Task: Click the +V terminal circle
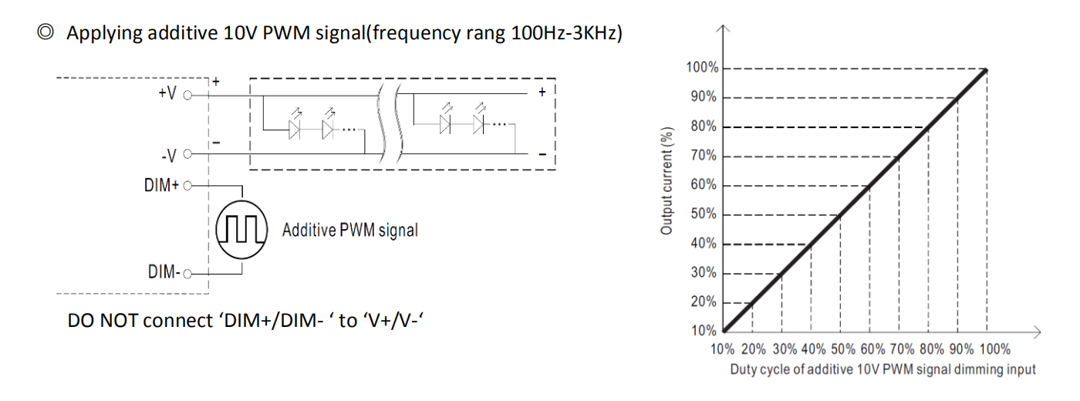[x=187, y=96]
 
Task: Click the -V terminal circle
[x=187, y=153]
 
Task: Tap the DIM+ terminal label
[x=161, y=185]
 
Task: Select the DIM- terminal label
[x=164, y=271]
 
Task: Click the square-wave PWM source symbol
[x=241, y=230]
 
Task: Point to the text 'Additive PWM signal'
[x=350, y=230]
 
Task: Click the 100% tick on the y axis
[x=703, y=68]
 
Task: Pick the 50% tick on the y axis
[x=704, y=214]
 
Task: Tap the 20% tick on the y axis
[x=704, y=302]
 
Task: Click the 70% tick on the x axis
[x=902, y=349]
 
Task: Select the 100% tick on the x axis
[x=994, y=349]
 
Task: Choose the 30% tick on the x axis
[x=785, y=349]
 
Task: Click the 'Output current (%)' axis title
[x=667, y=181]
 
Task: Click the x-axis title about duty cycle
[x=883, y=369]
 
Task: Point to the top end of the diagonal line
[x=987, y=70]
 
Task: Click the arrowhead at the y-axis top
[x=723, y=29]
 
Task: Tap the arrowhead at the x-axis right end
[x=1038, y=332]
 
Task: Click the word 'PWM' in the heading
[x=286, y=32]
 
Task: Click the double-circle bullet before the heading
[x=46, y=32]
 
